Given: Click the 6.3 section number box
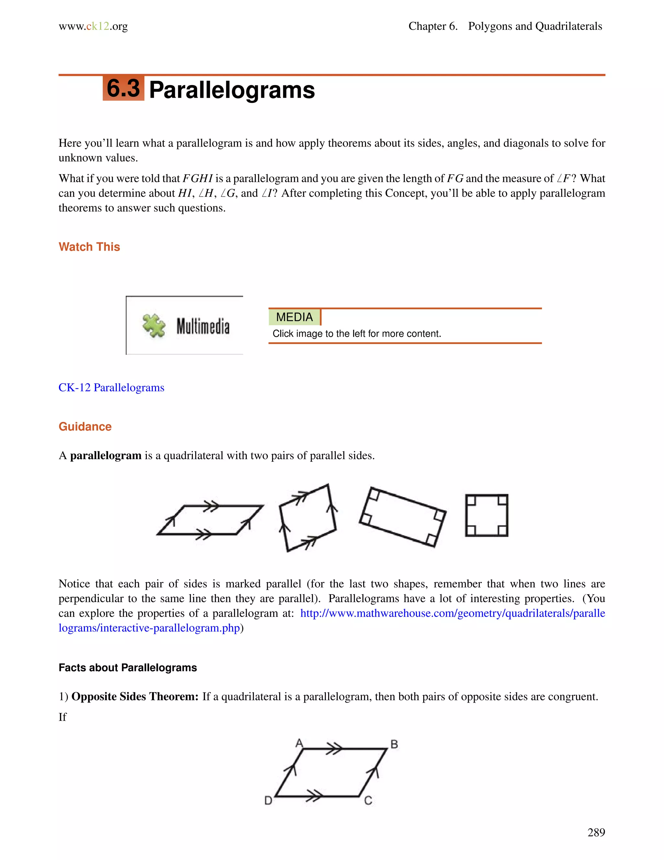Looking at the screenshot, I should (123, 88).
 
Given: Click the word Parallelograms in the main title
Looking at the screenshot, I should (232, 90).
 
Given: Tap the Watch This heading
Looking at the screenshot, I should (89, 247).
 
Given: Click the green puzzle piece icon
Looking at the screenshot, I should (154, 325).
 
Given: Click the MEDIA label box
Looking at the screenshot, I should (294, 317).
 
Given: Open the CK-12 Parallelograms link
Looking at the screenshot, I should (111, 387).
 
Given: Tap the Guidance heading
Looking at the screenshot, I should (85, 426).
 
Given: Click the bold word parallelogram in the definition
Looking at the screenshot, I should (105, 456).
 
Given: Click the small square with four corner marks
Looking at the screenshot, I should (487, 515).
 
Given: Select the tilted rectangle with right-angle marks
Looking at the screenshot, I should (402, 517).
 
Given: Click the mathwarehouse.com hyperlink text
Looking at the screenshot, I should (452, 613).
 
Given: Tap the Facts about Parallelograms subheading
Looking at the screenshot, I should (127, 668).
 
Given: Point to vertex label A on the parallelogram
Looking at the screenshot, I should (299, 743).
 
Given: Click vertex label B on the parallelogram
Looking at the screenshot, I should (394, 744).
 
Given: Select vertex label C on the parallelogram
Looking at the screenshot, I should (368, 801).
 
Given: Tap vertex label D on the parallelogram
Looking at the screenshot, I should (268, 801).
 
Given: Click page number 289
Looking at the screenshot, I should (596, 832).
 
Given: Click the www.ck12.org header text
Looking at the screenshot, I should (93, 26).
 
